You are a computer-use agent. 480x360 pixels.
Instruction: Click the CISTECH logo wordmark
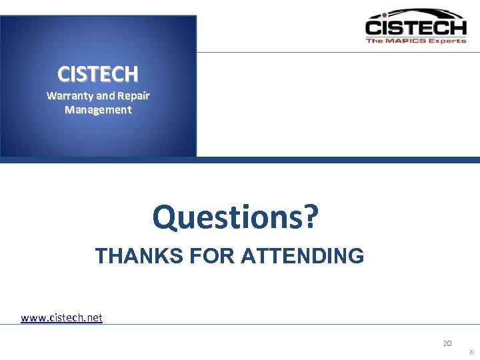(x=415, y=28)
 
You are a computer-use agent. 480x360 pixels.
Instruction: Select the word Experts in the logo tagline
(x=447, y=41)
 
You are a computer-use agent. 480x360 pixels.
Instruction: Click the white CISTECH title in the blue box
(x=98, y=73)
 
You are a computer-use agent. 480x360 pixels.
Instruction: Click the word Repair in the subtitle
(x=133, y=95)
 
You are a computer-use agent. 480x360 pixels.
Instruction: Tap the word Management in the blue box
(x=98, y=110)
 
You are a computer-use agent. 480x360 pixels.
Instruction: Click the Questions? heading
(x=235, y=216)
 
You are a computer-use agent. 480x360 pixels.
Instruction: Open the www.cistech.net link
(x=61, y=317)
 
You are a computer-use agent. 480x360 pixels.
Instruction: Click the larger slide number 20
(x=447, y=343)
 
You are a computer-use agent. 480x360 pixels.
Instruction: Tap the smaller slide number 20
(x=471, y=352)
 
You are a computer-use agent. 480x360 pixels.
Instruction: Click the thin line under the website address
(x=267, y=325)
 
